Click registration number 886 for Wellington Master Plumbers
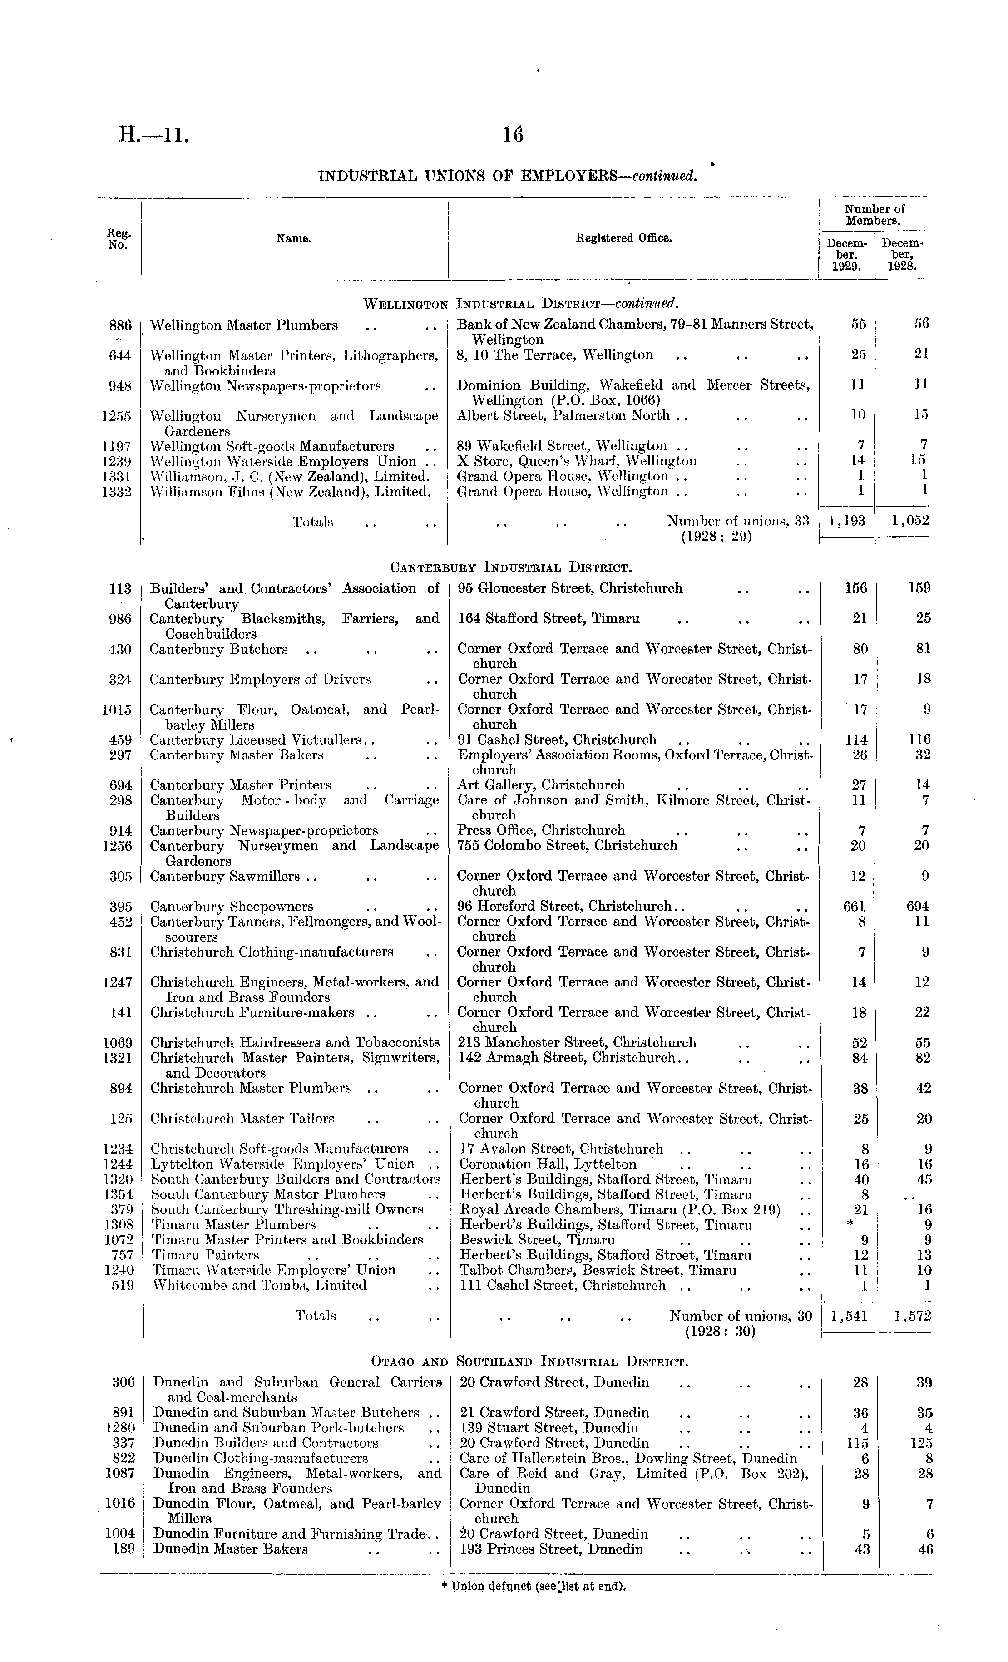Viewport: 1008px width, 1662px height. (120, 325)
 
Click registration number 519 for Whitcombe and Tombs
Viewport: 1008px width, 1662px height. (122, 1286)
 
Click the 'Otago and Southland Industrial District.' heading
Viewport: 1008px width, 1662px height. (529, 1362)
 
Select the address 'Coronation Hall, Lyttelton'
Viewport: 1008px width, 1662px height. (547, 1164)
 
